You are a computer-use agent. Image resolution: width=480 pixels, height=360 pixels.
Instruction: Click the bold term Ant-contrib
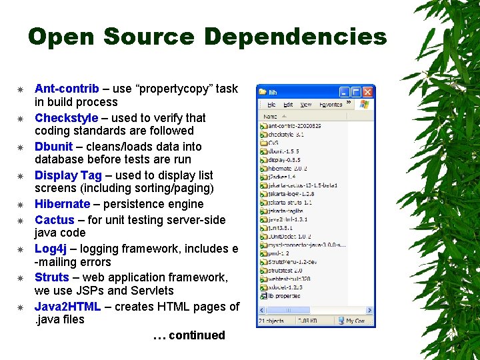click(x=67, y=89)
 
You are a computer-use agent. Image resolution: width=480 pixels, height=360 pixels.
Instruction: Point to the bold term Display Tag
click(x=68, y=175)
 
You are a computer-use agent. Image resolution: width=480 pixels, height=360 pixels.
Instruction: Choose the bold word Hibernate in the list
click(x=62, y=204)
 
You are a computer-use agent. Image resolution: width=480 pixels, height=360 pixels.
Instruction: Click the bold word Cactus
click(x=55, y=220)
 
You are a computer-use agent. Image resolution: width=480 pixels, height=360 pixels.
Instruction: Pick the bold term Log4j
click(x=51, y=249)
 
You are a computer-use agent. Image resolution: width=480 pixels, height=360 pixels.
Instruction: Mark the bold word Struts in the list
click(x=52, y=277)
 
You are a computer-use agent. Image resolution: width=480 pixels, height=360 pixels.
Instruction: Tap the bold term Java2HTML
click(x=67, y=307)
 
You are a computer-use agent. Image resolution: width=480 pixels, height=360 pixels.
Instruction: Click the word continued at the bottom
click(x=197, y=335)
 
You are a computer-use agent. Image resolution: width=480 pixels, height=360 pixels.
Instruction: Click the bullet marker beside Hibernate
click(x=21, y=205)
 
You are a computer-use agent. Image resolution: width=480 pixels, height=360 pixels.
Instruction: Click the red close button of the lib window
click(x=368, y=91)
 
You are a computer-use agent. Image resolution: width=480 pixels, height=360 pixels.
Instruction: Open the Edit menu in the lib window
click(x=288, y=105)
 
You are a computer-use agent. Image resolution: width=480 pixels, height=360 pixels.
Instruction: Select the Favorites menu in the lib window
click(x=331, y=105)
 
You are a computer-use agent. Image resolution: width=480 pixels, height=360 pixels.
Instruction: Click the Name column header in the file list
click(x=269, y=116)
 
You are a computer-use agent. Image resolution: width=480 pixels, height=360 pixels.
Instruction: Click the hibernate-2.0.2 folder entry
click(x=283, y=169)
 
